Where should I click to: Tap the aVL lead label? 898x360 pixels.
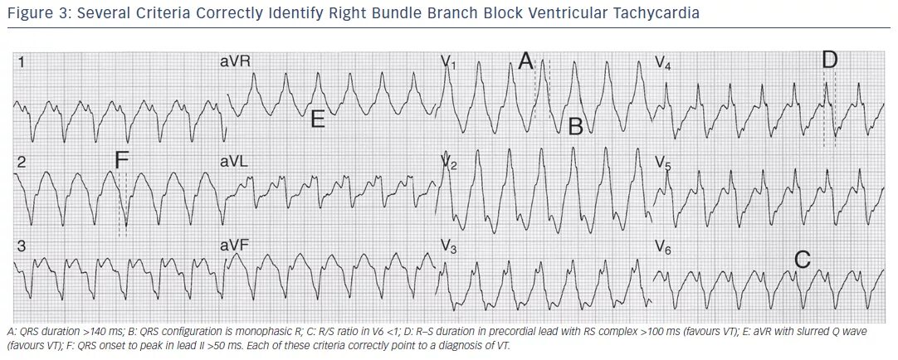coord(234,163)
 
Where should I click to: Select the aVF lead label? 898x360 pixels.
coord(234,246)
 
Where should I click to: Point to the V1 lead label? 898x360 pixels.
coord(449,62)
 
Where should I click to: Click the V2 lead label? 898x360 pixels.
coord(449,163)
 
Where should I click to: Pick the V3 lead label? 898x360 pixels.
coord(449,246)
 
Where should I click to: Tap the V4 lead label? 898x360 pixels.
coord(663,63)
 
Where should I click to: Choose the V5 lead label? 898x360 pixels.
coord(663,163)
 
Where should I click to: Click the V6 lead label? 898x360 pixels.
coord(663,246)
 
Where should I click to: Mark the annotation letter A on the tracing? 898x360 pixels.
coord(525,61)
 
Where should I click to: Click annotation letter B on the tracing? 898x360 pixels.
coord(575,126)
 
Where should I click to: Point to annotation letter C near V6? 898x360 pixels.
coord(802,260)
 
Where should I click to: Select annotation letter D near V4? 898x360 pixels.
coord(829,60)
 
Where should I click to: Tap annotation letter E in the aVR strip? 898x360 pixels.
coord(317,119)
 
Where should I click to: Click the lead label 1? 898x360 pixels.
coord(21,62)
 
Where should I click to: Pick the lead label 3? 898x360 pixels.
coord(22,246)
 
